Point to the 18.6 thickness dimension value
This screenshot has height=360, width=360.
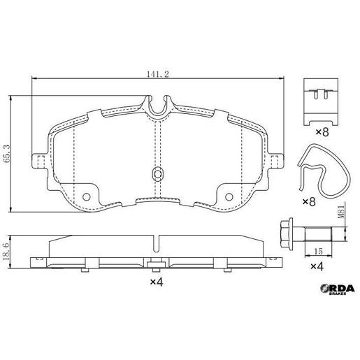[6, 250]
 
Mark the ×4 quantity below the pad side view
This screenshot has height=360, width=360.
[155, 282]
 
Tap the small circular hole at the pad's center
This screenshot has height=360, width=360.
[158, 173]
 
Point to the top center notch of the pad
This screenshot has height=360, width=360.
[159, 106]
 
